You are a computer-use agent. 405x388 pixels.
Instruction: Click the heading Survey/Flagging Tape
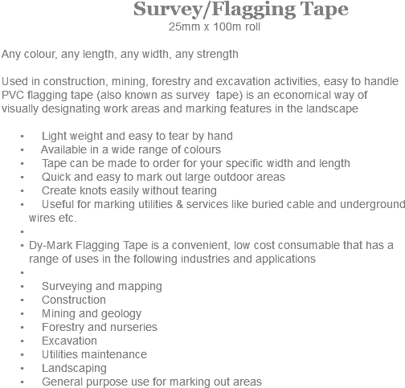click(x=240, y=10)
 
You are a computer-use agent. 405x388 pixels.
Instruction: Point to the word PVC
click(x=14, y=95)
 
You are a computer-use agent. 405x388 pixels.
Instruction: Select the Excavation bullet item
click(x=69, y=341)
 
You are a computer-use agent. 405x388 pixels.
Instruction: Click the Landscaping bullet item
click(x=73, y=369)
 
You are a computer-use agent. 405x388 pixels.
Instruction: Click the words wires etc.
click(x=52, y=218)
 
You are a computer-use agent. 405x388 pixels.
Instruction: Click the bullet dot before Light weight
click(x=24, y=136)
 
